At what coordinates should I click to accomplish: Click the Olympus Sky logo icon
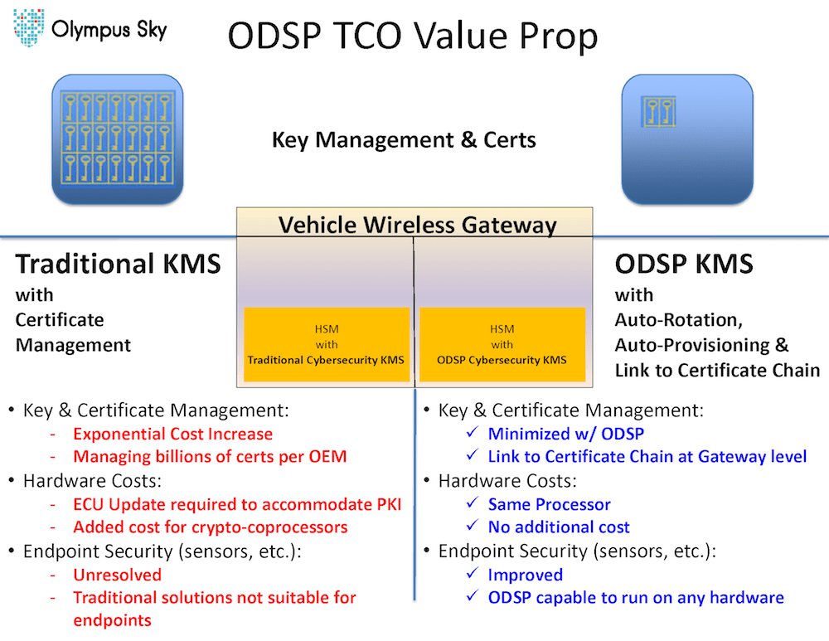pyautogui.click(x=28, y=27)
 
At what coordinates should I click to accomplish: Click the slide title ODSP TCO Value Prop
pyautogui.click(x=412, y=36)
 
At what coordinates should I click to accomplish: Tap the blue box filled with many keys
pyautogui.click(x=118, y=139)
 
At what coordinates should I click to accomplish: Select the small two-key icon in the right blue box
pyautogui.click(x=658, y=112)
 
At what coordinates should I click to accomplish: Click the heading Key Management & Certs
pyautogui.click(x=404, y=139)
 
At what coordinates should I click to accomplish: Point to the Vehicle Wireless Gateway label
pyautogui.click(x=417, y=225)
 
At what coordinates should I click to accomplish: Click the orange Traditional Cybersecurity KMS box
pyautogui.click(x=326, y=344)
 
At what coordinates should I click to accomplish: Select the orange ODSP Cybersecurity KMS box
pyautogui.click(x=502, y=344)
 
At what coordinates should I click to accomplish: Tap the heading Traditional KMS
pyautogui.click(x=118, y=264)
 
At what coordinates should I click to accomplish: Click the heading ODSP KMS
pyautogui.click(x=684, y=264)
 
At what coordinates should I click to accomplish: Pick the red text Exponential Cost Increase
pyautogui.click(x=173, y=434)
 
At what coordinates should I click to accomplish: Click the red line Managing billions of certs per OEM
pyautogui.click(x=210, y=456)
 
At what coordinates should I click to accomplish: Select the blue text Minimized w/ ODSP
pyautogui.click(x=565, y=434)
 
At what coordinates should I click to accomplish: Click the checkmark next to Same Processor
pyautogui.click(x=473, y=503)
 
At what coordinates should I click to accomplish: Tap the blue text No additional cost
pyautogui.click(x=559, y=527)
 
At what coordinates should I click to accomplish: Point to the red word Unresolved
pyautogui.click(x=118, y=575)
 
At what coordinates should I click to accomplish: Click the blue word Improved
pyautogui.click(x=525, y=575)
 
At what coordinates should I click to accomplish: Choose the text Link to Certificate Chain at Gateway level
pyautogui.click(x=647, y=456)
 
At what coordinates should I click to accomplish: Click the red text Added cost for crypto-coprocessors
pyautogui.click(x=211, y=527)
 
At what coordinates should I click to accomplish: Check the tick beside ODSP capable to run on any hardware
pyautogui.click(x=473, y=595)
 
